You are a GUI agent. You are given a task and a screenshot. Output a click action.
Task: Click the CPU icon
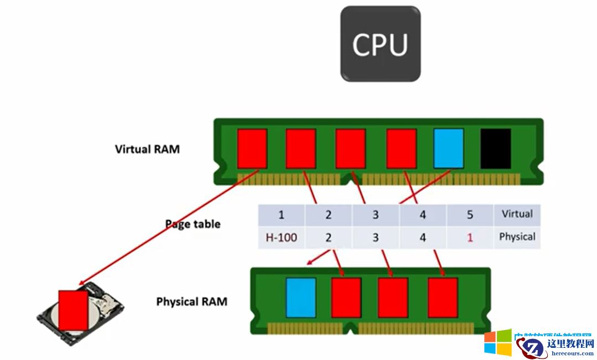380,44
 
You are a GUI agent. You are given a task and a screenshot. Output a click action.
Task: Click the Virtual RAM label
147,149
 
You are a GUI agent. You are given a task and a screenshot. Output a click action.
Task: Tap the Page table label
193,224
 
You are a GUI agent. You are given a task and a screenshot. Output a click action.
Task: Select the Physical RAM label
192,302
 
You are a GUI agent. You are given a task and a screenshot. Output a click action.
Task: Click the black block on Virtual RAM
496,148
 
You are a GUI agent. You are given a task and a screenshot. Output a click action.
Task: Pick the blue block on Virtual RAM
448,148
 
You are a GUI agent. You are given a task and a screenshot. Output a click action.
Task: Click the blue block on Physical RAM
301,297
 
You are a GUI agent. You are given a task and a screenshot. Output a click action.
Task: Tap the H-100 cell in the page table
281,238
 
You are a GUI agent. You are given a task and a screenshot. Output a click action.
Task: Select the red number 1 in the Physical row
470,238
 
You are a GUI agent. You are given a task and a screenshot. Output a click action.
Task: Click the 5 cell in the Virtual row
470,215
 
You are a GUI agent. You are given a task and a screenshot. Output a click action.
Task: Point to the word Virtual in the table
517,214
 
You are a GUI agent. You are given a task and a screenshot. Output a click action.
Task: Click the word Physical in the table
517,237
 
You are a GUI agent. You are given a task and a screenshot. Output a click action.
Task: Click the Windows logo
498,343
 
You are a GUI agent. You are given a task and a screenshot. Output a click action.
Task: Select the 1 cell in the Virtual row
281,215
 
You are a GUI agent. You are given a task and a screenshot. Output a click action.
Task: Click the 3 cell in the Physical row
376,238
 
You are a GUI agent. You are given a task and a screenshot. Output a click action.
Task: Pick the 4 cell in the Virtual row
423,215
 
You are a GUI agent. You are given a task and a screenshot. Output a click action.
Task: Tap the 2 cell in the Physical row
328,238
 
